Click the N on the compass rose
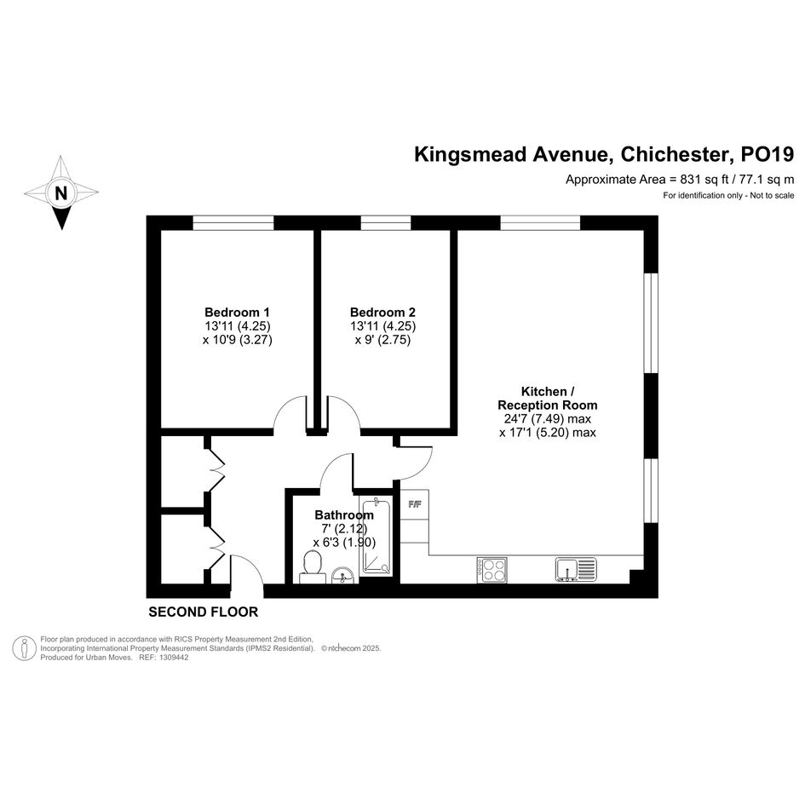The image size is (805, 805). click(x=61, y=193)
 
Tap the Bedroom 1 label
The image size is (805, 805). click(x=237, y=312)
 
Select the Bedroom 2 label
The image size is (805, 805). click(x=382, y=312)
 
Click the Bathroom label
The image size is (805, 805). click(x=344, y=515)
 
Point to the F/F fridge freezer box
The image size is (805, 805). click(x=414, y=504)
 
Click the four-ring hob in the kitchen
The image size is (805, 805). click(x=492, y=570)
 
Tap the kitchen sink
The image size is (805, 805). click(x=576, y=569)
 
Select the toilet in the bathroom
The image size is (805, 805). click(x=313, y=566)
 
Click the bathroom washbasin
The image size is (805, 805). click(x=343, y=575)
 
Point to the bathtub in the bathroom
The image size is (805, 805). click(x=377, y=536)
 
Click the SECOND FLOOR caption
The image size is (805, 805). click(x=204, y=612)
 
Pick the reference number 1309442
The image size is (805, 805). click(x=174, y=658)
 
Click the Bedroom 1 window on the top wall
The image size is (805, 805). click(x=233, y=223)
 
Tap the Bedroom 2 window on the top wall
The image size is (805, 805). click(x=386, y=223)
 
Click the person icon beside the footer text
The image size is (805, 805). click(x=24, y=648)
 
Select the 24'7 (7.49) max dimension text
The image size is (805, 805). click(x=544, y=419)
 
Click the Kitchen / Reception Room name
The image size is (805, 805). click(x=547, y=399)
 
